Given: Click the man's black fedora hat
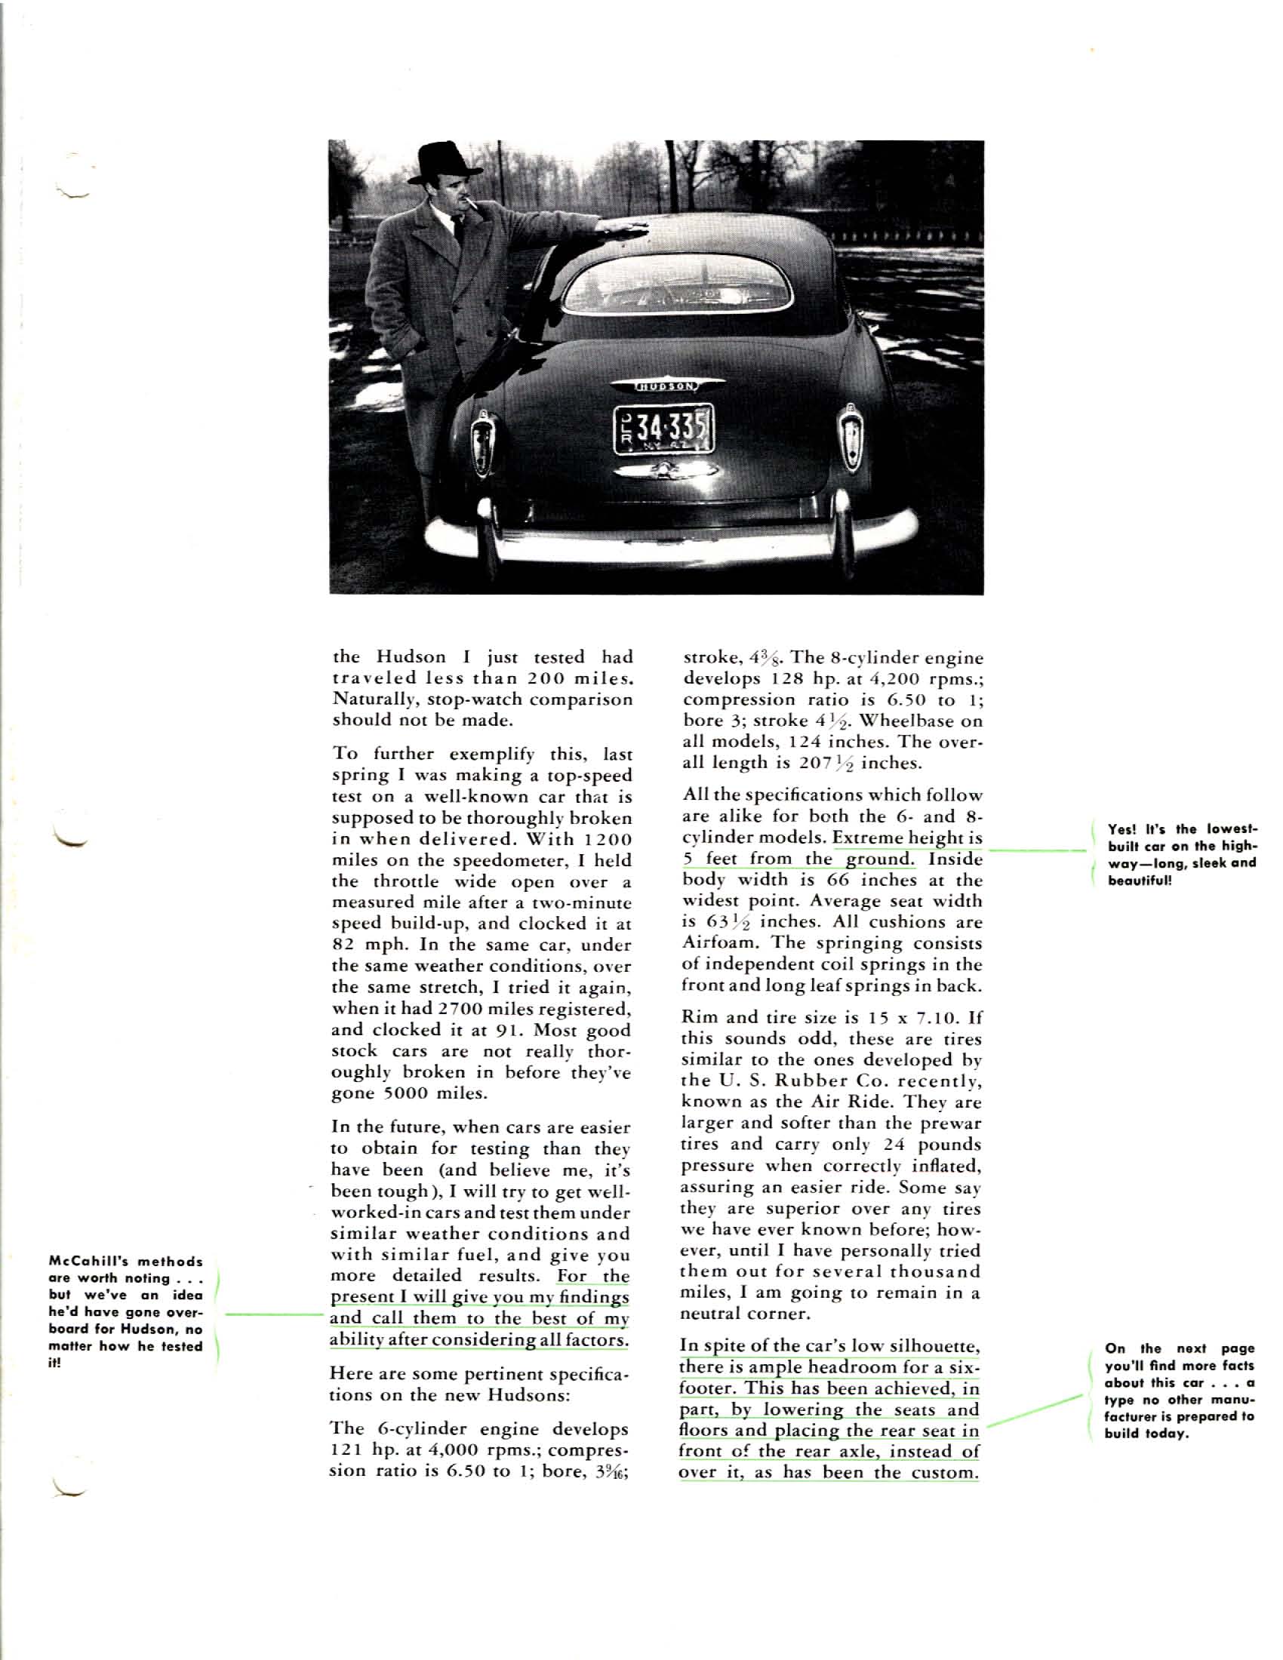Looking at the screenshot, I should (445, 162).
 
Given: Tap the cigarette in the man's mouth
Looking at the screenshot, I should (475, 203).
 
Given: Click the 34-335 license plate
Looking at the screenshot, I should (664, 428).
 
